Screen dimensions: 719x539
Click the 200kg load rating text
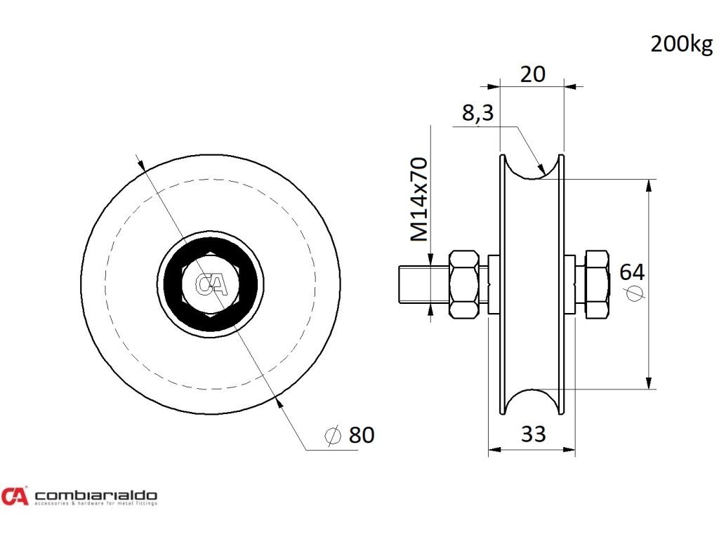[681, 44]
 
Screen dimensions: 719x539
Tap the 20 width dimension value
[532, 74]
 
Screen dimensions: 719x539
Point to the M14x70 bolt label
[419, 200]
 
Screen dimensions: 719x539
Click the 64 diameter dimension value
[632, 272]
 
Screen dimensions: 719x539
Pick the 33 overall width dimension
[533, 434]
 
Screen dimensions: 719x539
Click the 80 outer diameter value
[362, 435]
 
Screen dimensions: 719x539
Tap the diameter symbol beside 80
[333, 436]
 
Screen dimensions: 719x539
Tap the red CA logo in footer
[15, 496]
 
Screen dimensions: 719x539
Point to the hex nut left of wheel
[463, 284]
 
